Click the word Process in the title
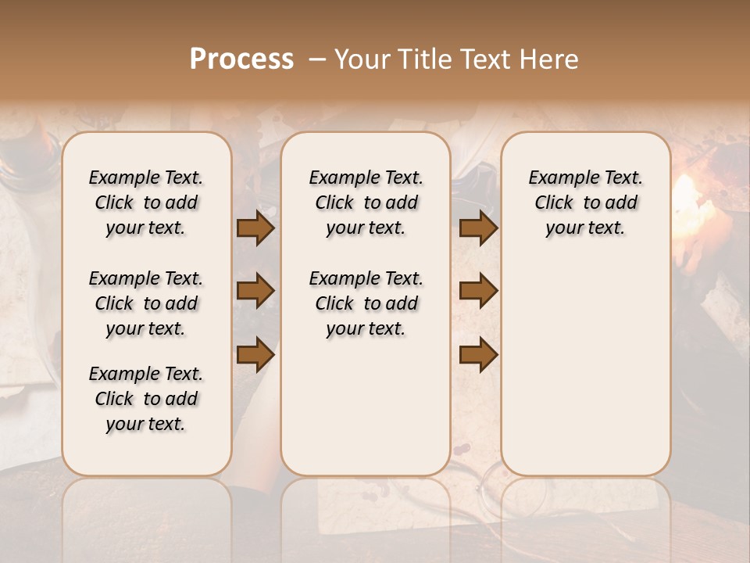pyautogui.click(x=241, y=59)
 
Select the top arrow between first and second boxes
pyautogui.click(x=255, y=228)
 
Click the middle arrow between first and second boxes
pyautogui.click(x=255, y=291)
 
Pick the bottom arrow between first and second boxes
pyautogui.click(x=255, y=354)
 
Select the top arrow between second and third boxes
pyautogui.click(x=478, y=228)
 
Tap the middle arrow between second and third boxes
pyautogui.click(x=478, y=291)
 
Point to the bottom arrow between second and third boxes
pyautogui.click(x=478, y=354)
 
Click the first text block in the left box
pyautogui.click(x=146, y=203)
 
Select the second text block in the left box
pyautogui.click(x=146, y=303)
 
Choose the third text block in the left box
pyautogui.click(x=146, y=399)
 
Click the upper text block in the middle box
pyautogui.click(x=366, y=203)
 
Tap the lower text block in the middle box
pyautogui.click(x=366, y=303)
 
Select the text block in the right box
pyautogui.click(x=585, y=203)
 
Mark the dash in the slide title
pyautogui.click(x=317, y=59)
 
